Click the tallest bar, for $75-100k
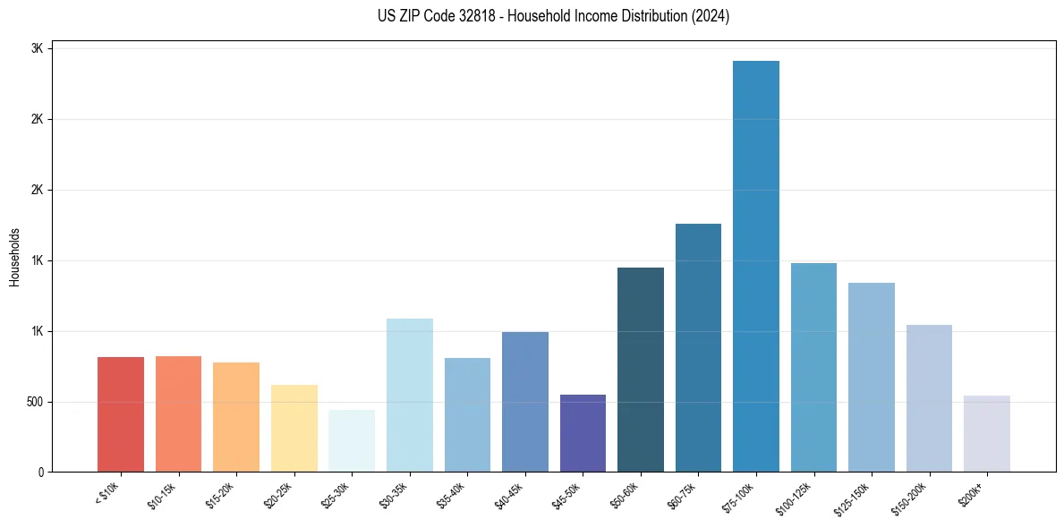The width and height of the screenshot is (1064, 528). coord(756,266)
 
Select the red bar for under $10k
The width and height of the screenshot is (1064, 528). coord(121,414)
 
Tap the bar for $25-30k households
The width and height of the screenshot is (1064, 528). coord(352,440)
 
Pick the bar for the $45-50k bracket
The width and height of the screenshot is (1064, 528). coord(583,433)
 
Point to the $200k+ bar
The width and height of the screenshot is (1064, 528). coord(987,433)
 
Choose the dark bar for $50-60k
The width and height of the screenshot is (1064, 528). coord(641,370)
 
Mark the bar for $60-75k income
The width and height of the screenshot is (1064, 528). coord(698,347)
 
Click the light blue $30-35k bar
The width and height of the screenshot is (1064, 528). coord(410,395)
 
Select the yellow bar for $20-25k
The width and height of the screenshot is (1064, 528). coord(294,428)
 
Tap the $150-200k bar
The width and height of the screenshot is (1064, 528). coord(929,398)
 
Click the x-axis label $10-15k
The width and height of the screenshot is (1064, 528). coord(162,495)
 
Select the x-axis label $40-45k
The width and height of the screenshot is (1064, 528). coord(508,495)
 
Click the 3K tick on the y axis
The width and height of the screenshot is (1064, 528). coord(38,48)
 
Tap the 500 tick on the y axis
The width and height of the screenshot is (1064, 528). coord(34,402)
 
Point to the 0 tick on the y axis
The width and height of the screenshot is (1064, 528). coord(40,472)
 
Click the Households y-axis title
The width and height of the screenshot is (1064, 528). coord(14,257)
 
